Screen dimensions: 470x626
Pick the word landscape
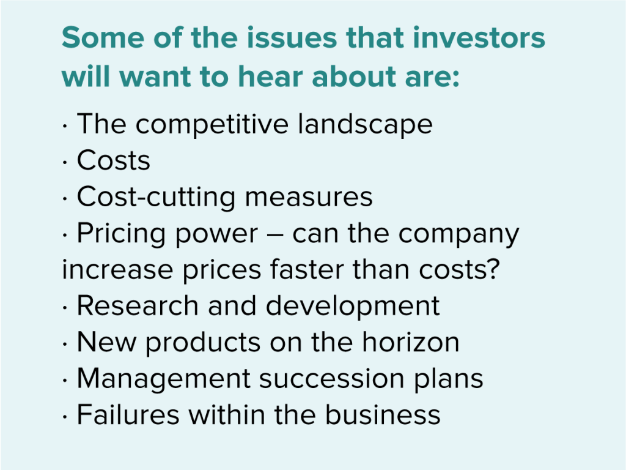365,125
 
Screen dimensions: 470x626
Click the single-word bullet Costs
113,161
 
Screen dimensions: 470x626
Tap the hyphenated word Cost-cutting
155,197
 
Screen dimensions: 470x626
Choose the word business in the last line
382,415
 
